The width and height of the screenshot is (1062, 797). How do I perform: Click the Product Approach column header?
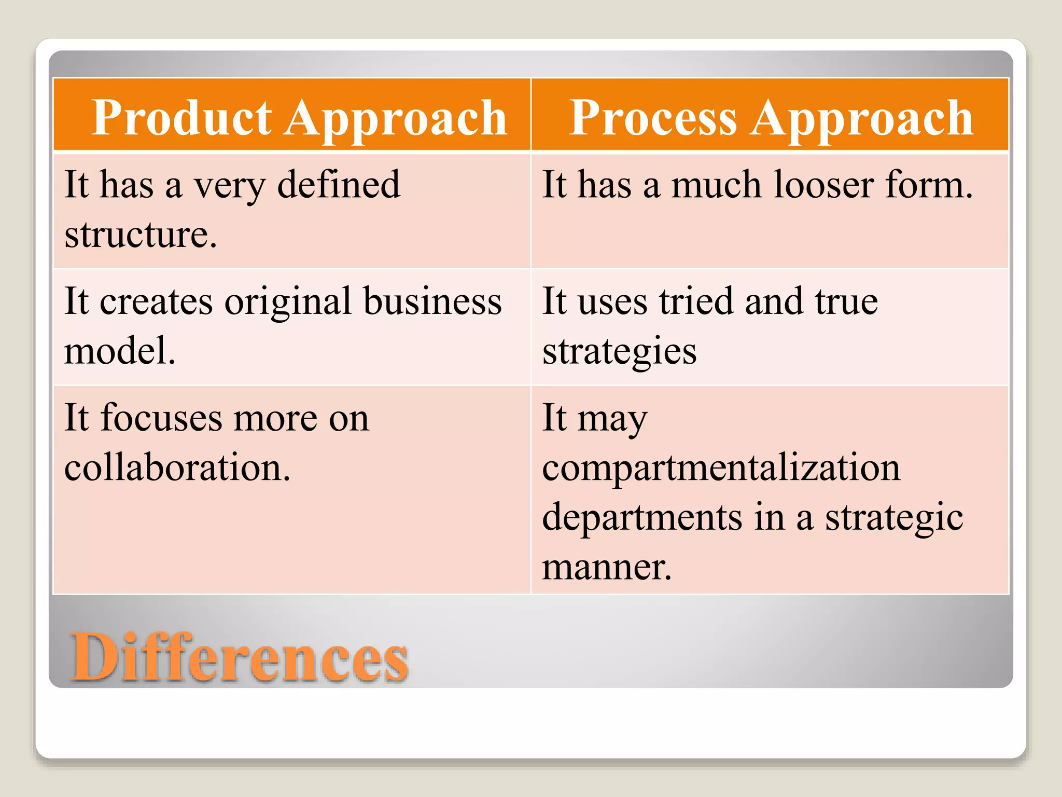299,118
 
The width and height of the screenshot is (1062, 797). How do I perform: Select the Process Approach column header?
771,118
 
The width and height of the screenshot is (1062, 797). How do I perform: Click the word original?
288,302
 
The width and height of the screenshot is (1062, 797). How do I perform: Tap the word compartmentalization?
721,468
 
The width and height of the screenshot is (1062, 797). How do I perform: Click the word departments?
642,517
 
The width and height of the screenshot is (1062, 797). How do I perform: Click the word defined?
339,185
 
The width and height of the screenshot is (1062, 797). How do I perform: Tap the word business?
432,302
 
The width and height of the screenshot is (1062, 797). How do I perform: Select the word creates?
156,302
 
